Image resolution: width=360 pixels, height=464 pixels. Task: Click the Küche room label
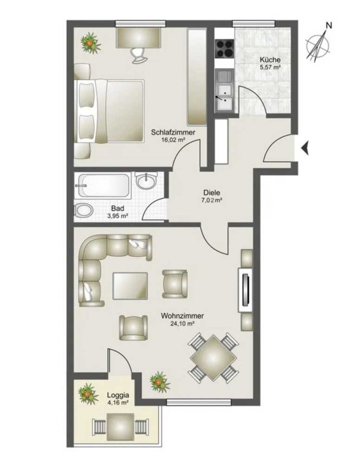[270, 60]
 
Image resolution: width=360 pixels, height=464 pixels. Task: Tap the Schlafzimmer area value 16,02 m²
[173, 140]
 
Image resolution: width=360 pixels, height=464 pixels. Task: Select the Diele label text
[212, 192]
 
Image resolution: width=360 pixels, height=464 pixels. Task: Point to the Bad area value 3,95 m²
[118, 216]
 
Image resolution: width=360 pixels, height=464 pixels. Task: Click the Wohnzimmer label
[182, 316]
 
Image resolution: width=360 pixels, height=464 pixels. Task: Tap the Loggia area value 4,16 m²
[118, 403]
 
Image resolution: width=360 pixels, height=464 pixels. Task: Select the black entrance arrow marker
[305, 148]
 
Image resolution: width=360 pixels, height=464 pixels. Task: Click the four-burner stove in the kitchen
[224, 48]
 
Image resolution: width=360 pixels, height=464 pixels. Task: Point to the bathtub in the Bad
[104, 186]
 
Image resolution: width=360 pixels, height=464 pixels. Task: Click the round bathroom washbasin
[146, 180]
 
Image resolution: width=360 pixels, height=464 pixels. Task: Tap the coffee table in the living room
[130, 286]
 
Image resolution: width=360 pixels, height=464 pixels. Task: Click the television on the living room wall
[245, 290]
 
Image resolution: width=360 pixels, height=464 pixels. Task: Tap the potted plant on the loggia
[88, 394]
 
